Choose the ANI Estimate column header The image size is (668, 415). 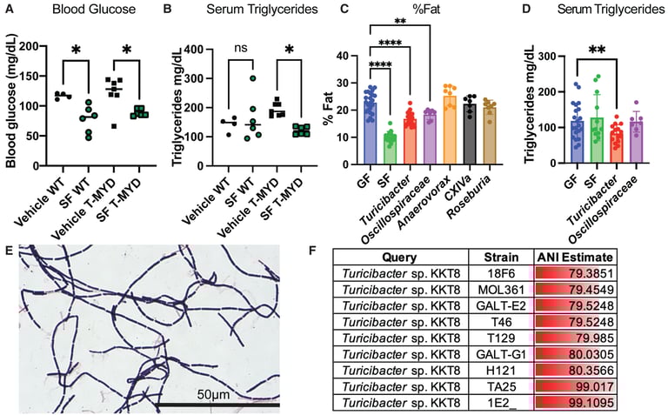coord(573,258)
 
